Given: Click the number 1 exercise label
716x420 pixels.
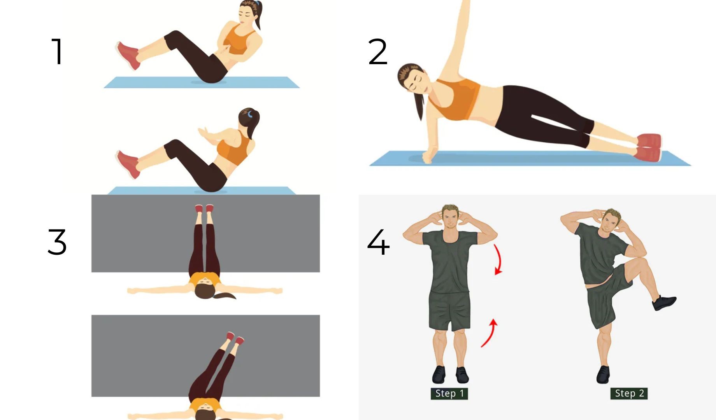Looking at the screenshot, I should [x=58, y=51].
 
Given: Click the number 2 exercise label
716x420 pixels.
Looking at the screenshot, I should [x=377, y=51].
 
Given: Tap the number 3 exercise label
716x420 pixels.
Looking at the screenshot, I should [x=57, y=241].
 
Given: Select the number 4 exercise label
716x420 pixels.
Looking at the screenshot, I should [x=378, y=242].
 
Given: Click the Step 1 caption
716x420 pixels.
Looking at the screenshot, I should [x=449, y=394].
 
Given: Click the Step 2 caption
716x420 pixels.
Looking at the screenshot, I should [x=629, y=394].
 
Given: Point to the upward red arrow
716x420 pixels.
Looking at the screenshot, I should [x=490, y=333].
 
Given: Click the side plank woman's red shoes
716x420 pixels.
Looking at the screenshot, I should [x=649, y=147].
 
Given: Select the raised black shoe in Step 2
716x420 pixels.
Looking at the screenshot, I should [x=664, y=303].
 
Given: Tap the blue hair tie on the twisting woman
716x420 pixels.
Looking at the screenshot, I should [x=250, y=114].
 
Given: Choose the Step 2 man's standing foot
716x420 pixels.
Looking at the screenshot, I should [x=603, y=374].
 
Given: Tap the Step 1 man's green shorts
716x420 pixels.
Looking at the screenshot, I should [x=449, y=311].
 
